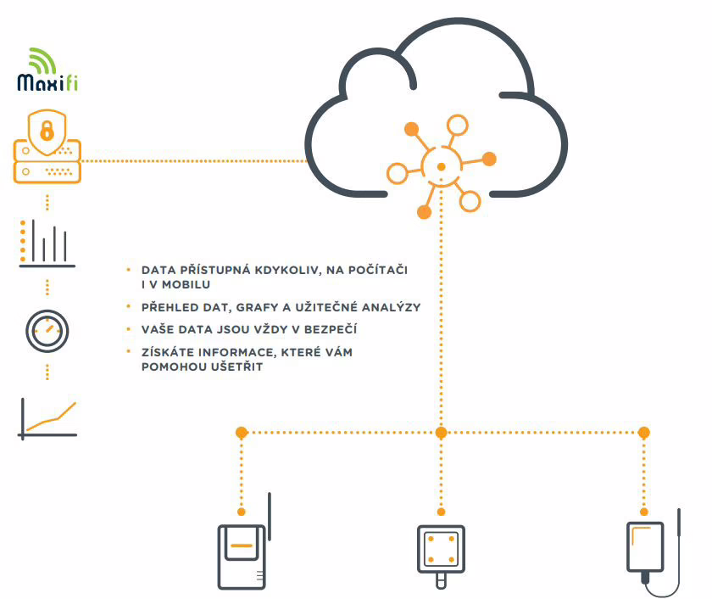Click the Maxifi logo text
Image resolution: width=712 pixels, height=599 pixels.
click(47, 82)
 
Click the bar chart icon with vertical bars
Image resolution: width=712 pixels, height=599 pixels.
click(47, 244)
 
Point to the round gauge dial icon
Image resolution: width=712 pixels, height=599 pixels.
click(47, 330)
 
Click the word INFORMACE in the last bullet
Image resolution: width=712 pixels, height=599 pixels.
click(239, 352)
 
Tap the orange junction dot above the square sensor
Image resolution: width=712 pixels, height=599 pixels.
click(441, 433)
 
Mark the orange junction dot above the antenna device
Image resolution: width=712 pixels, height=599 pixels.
click(242, 433)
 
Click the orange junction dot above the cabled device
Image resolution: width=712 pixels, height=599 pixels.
click(643, 433)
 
